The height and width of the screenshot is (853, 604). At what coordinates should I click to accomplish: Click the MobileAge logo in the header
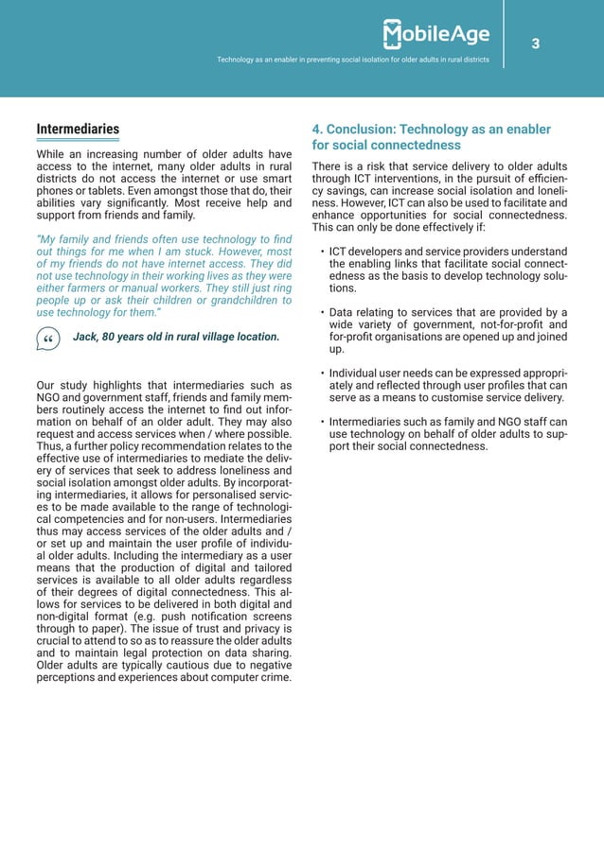(436, 35)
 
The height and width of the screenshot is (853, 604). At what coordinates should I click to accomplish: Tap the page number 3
(535, 44)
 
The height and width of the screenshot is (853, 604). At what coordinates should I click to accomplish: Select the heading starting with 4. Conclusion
(431, 137)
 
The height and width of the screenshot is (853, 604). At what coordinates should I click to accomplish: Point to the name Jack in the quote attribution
(86, 337)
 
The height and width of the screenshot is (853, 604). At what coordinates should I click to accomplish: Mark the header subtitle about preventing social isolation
(353, 60)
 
